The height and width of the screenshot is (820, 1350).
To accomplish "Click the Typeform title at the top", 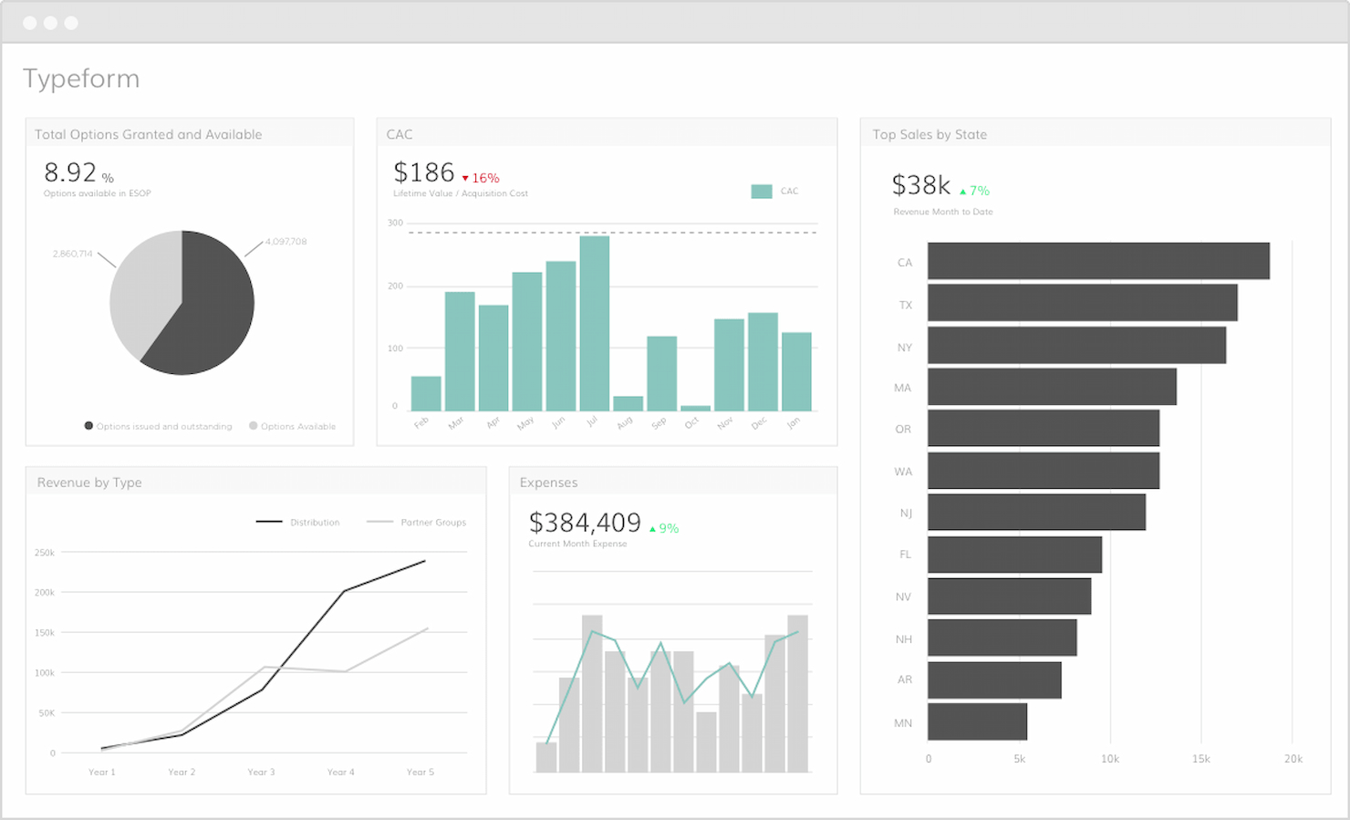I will coord(81,78).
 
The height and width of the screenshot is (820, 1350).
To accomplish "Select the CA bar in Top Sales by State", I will coord(1098,261).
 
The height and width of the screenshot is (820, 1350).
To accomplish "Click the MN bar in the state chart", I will coord(977,721).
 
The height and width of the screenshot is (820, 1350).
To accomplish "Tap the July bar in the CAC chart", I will coord(594,324).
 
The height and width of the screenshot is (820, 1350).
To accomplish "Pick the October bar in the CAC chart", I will coord(695,408).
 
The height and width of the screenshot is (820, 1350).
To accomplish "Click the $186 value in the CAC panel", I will coord(423,172).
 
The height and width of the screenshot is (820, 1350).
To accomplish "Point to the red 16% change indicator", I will coord(481,178).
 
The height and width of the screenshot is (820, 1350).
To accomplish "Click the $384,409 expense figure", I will coord(585,523).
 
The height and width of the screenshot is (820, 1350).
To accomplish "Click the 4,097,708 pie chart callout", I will coord(286,242).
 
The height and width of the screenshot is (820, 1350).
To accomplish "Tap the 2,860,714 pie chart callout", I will coord(72,254).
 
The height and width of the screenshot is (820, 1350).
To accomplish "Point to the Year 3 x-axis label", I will coord(261,772).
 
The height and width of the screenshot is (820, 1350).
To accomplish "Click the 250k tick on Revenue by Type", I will coord(45,553).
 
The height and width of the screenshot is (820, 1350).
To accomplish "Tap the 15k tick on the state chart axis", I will coord(1200,759).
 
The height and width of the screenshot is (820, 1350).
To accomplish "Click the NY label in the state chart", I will coord(904,348).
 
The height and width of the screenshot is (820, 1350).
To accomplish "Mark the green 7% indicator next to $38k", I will coord(975,191).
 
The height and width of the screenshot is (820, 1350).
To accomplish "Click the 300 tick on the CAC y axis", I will coord(395,223).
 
